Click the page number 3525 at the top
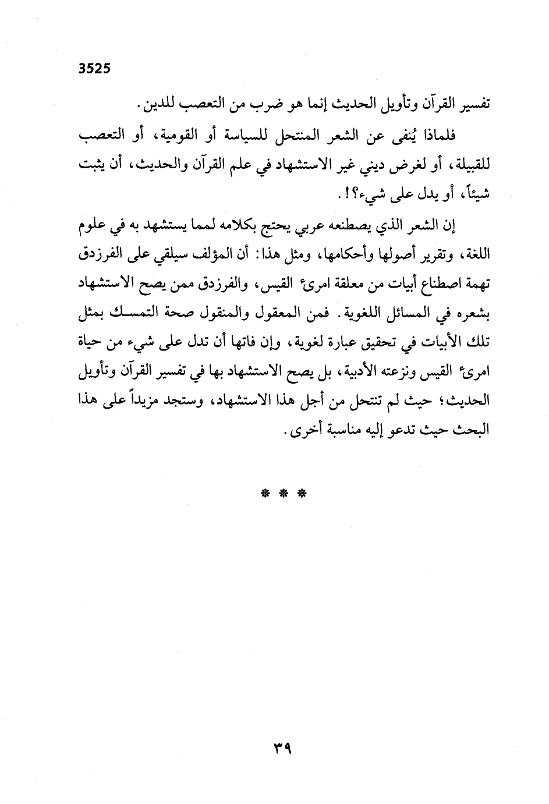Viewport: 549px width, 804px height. point(94,68)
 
